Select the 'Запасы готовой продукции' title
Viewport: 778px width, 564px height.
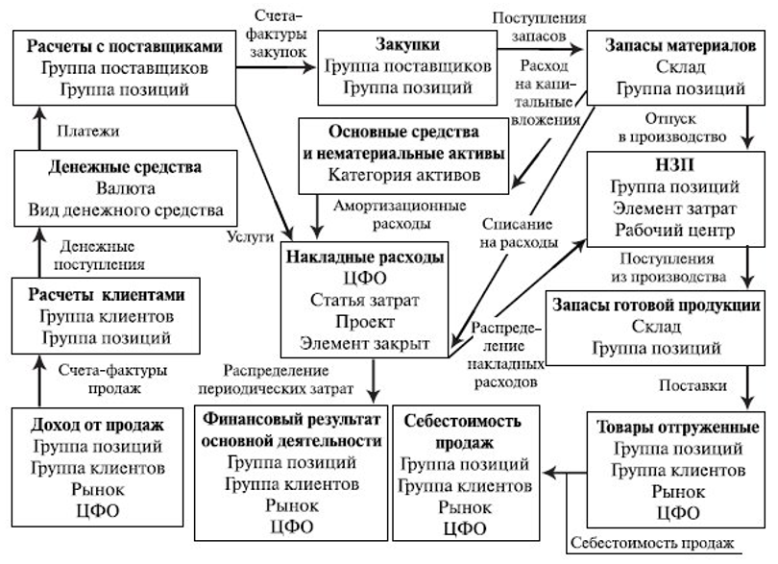click(657, 305)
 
